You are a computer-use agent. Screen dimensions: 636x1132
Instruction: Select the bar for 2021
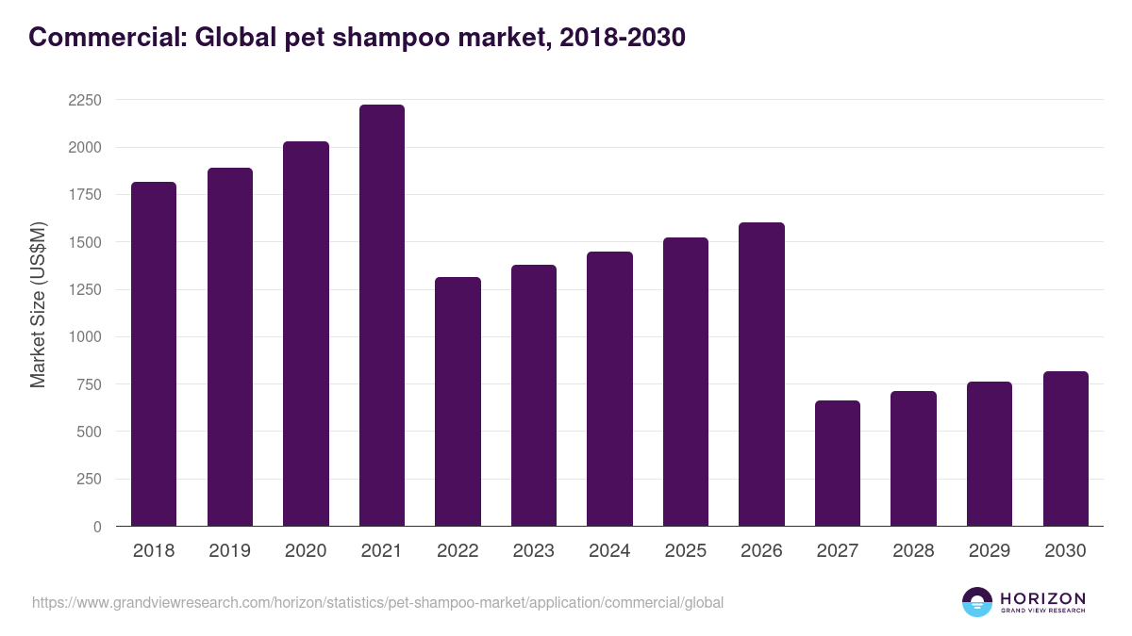click(381, 316)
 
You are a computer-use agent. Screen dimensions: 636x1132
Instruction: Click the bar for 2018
click(154, 354)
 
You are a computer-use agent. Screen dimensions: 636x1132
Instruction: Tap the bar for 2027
click(838, 464)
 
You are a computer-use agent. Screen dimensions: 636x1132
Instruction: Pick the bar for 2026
click(761, 374)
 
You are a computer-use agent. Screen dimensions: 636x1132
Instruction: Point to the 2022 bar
click(458, 401)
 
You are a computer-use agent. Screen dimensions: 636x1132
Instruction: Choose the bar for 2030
click(1065, 448)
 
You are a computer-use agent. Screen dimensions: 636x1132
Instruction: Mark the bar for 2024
click(609, 389)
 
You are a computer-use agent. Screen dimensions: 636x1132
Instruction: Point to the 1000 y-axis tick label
click(85, 337)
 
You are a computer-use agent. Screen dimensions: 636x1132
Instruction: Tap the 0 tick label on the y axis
click(97, 527)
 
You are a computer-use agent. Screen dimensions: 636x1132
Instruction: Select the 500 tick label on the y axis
click(89, 432)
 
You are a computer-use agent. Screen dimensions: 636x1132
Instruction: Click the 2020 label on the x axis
click(306, 551)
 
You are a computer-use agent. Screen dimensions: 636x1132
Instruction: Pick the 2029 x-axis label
click(990, 551)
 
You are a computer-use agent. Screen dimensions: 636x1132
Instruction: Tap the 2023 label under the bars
click(534, 551)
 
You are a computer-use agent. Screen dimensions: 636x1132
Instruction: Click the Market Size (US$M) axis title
click(38, 304)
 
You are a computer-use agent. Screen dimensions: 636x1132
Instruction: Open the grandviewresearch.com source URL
click(377, 602)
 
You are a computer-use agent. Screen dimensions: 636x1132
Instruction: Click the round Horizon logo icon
click(977, 602)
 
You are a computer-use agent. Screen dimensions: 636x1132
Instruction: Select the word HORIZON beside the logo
click(1042, 597)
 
